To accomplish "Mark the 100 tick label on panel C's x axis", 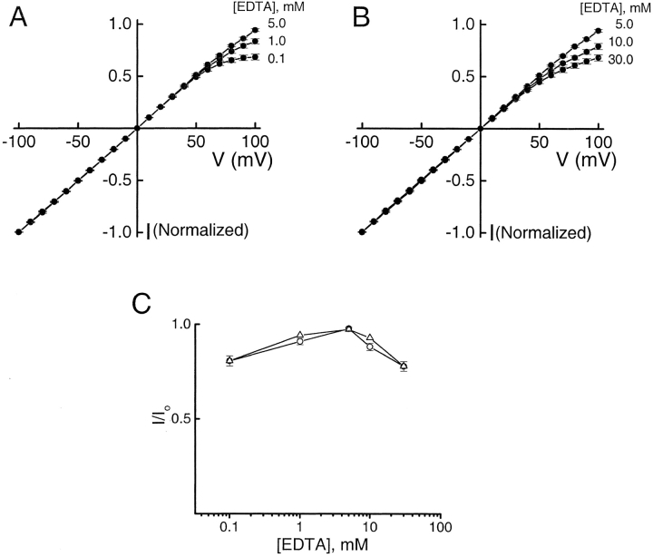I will coord(441,526).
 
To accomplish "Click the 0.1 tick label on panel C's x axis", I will coord(229,526).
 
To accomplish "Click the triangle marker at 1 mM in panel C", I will coord(299,335).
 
